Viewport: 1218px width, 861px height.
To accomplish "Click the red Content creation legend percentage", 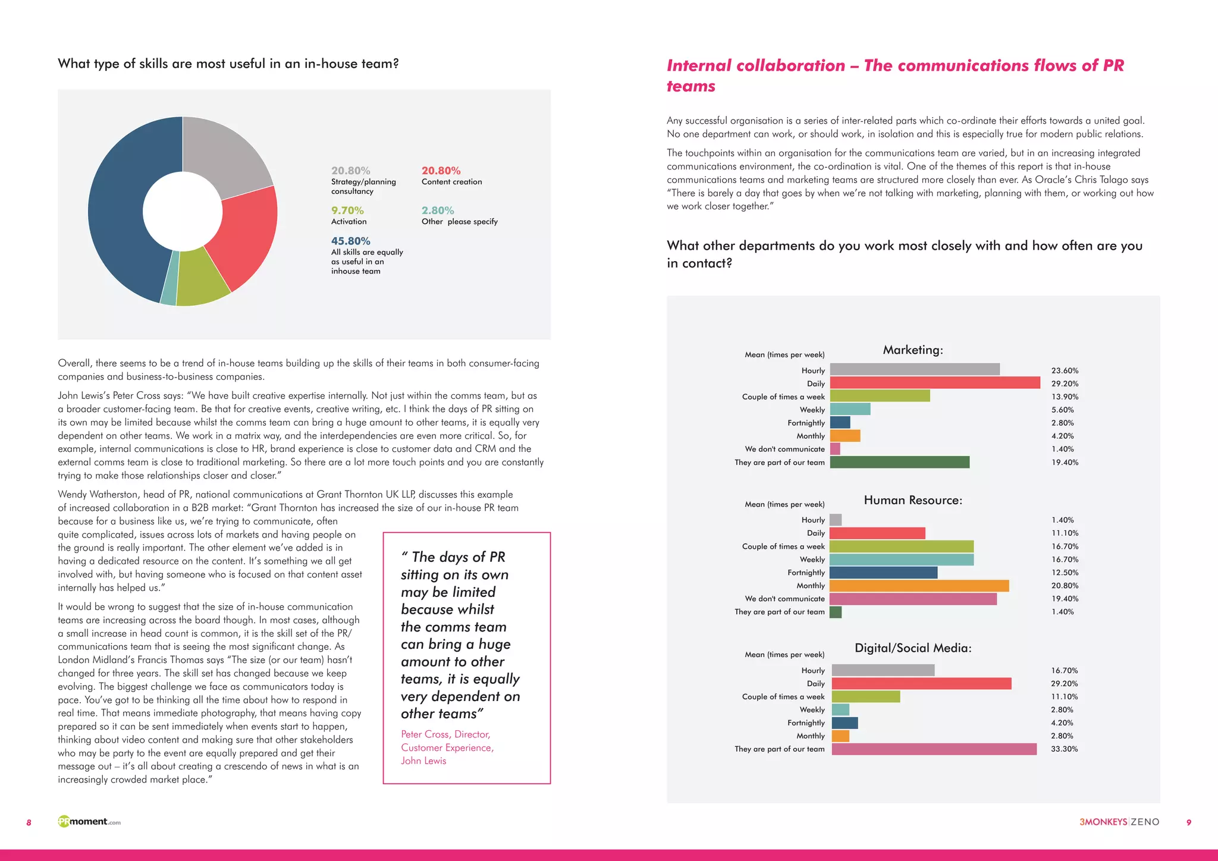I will coord(441,171).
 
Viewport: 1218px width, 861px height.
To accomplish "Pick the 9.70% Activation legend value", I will coord(347,210).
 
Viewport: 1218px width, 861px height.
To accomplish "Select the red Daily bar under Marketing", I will coord(934,383).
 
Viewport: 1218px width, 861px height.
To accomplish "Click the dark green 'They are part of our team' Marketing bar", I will coord(899,462).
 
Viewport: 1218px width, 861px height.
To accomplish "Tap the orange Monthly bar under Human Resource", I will coord(919,586).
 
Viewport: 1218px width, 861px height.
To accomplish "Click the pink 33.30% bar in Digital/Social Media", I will coord(934,749).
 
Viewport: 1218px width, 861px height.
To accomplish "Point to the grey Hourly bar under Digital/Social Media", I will coord(883,670).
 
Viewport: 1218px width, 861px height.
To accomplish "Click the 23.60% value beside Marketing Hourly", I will coord(1065,370).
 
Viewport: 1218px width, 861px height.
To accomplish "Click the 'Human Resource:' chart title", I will coord(912,500).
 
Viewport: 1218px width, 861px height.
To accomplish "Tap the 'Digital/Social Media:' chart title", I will coord(912,648).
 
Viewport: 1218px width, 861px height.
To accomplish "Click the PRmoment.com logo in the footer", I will coord(89,822).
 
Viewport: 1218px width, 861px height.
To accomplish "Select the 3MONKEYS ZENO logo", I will coord(1119,822).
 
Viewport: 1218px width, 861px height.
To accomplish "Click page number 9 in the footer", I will coord(1188,822).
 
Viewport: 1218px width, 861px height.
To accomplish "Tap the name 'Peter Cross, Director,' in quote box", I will coord(445,734).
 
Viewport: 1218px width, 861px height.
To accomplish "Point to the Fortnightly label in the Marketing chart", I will coord(806,423).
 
